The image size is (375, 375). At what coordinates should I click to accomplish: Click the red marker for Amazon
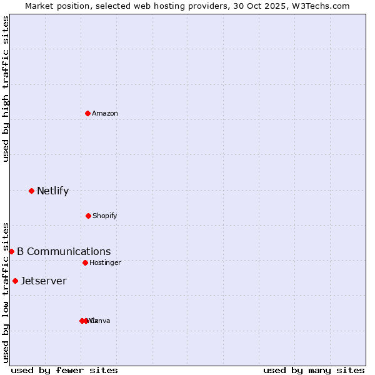pyautogui.click(x=87, y=113)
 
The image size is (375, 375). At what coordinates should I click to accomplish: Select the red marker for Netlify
pyautogui.click(x=31, y=191)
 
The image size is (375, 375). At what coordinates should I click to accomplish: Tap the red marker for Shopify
pyautogui.click(x=88, y=216)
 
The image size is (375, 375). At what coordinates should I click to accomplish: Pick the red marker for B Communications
pyautogui.click(x=11, y=251)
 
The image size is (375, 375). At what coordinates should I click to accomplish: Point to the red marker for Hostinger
pyautogui.click(x=85, y=262)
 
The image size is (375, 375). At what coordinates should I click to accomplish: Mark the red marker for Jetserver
pyautogui.click(x=15, y=281)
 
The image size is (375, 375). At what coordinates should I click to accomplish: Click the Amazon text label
pyautogui.click(x=105, y=113)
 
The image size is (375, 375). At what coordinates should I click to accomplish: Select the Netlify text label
pyautogui.click(x=52, y=191)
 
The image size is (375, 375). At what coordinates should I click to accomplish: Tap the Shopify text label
pyautogui.click(x=105, y=216)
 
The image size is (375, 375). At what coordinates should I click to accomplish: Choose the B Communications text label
pyautogui.click(x=64, y=251)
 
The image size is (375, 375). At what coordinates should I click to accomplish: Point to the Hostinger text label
pyautogui.click(x=105, y=262)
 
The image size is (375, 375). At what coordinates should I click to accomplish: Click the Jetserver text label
pyautogui.click(x=44, y=281)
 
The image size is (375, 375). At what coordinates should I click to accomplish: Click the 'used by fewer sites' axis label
pyautogui.click(x=64, y=370)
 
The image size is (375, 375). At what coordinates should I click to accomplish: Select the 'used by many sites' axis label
pyautogui.click(x=314, y=370)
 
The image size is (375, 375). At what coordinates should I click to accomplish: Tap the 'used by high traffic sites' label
pyautogui.click(x=6, y=89)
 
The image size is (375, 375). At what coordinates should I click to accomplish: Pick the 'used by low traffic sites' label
pyautogui.click(x=6, y=292)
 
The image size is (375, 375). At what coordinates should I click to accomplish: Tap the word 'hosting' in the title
pyautogui.click(x=162, y=6)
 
